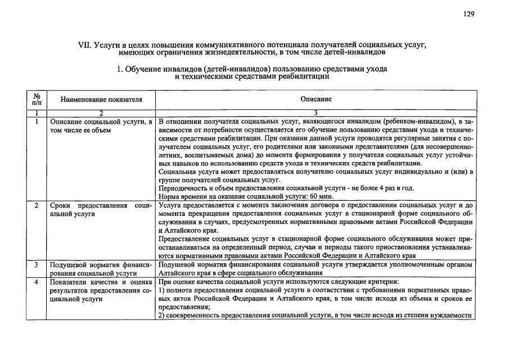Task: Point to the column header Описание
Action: (316, 99)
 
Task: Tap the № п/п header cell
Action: (37, 99)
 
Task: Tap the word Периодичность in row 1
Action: (182, 188)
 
